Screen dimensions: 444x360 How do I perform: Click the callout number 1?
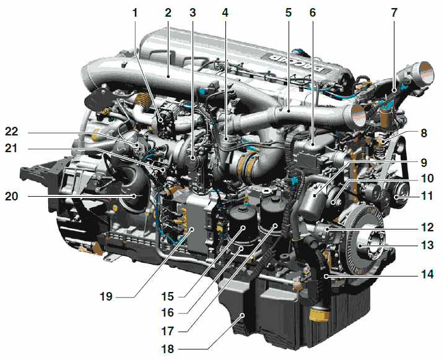click(x=135, y=13)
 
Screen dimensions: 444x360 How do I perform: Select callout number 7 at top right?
click(x=394, y=13)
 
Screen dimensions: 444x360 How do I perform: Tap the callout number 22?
click(x=12, y=132)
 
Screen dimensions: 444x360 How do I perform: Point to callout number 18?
click(x=168, y=349)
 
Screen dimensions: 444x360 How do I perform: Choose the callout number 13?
click(x=427, y=245)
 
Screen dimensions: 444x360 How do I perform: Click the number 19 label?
click(x=106, y=297)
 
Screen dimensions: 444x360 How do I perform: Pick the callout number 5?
click(x=289, y=13)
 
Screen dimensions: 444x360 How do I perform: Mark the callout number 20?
click(x=12, y=196)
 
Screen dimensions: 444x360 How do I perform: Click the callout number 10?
click(x=427, y=178)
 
